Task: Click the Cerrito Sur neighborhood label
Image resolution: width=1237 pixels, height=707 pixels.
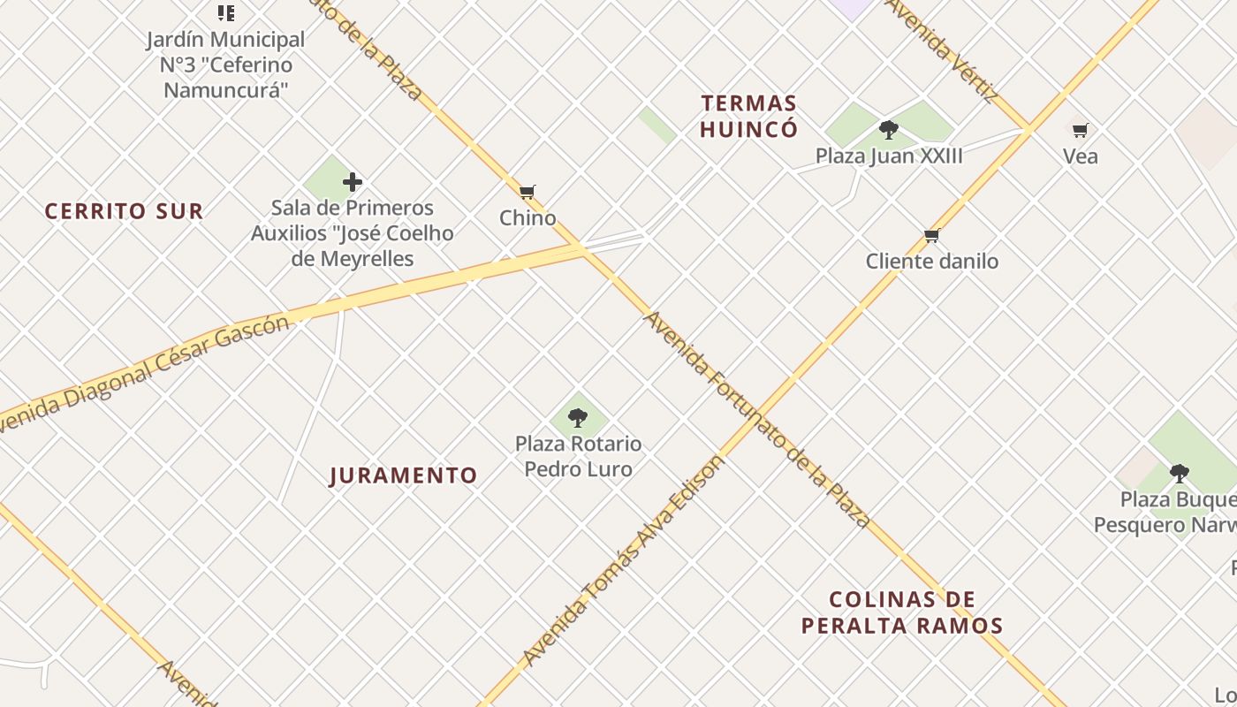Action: click(124, 211)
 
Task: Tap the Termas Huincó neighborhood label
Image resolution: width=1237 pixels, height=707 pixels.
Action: click(748, 117)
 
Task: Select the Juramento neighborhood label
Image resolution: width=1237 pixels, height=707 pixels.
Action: click(403, 475)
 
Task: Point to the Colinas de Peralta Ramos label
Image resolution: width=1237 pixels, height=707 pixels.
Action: click(902, 612)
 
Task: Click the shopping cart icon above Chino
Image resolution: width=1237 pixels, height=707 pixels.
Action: click(527, 192)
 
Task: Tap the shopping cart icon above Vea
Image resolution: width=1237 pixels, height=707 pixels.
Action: click(1080, 131)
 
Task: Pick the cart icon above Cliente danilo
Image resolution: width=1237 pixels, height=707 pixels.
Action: click(931, 236)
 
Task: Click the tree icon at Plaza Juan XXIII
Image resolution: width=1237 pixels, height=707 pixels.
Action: click(889, 131)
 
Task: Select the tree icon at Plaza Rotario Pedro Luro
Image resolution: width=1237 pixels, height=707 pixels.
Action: click(578, 418)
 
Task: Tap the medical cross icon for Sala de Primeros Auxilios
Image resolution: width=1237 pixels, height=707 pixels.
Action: click(353, 183)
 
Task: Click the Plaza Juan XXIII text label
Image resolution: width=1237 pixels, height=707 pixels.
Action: click(889, 156)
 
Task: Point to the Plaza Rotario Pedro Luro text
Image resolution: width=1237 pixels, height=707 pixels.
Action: click(579, 456)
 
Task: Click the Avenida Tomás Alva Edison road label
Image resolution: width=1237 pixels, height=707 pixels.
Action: click(623, 562)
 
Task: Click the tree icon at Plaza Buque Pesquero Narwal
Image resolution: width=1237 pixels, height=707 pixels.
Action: click(1179, 474)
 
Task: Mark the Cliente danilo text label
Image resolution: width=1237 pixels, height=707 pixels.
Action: click(932, 262)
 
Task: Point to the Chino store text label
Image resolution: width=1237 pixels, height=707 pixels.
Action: click(527, 218)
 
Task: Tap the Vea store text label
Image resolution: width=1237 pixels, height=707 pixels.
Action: click(1081, 157)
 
